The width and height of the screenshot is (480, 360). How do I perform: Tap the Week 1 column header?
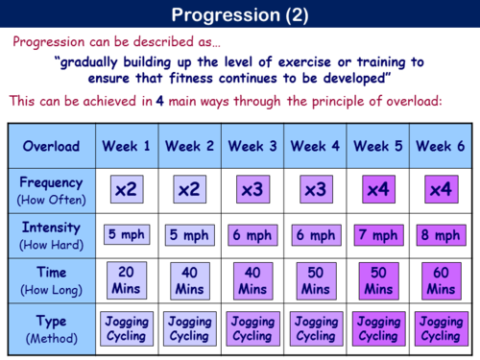(x=127, y=147)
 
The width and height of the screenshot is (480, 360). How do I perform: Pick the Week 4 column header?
(x=314, y=147)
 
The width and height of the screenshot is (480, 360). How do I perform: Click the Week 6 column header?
(x=440, y=147)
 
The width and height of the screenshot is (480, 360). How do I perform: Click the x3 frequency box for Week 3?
(x=252, y=190)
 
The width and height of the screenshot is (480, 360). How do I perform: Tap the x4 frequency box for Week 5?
(x=377, y=190)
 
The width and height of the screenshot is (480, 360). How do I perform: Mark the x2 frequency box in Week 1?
(x=127, y=190)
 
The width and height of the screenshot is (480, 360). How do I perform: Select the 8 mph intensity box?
(x=440, y=234)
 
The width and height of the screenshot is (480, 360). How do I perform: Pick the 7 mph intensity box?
(x=377, y=234)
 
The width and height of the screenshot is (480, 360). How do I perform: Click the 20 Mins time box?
(x=127, y=279)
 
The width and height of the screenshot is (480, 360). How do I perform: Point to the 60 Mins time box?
(x=440, y=279)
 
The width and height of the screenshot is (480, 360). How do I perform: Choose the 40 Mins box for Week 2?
(x=189, y=279)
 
